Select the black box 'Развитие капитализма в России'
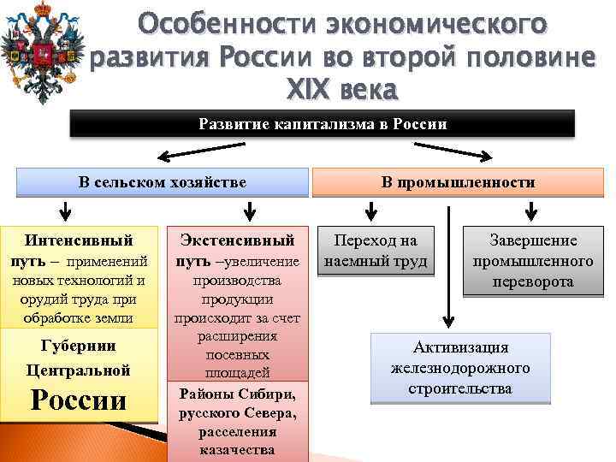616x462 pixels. pos(323,125)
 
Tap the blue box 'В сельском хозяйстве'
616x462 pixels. pos(163,181)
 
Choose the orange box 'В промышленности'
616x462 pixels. pos(459,182)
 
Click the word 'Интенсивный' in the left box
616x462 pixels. pos(79,240)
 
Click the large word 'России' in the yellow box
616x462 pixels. pos(79,400)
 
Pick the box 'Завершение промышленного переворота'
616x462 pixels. pos(533,260)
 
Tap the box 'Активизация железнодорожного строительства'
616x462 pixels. pos(460,368)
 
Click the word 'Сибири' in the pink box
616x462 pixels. pos(268,394)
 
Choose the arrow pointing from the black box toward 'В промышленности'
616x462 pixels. pos(462,155)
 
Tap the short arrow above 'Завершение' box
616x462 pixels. pos(531,210)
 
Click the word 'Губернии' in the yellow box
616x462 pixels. pos(79,346)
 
